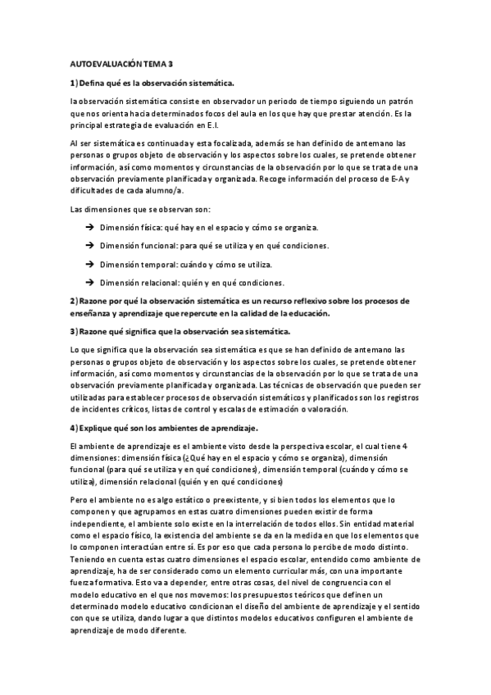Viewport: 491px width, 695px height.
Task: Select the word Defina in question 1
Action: point(96,82)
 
